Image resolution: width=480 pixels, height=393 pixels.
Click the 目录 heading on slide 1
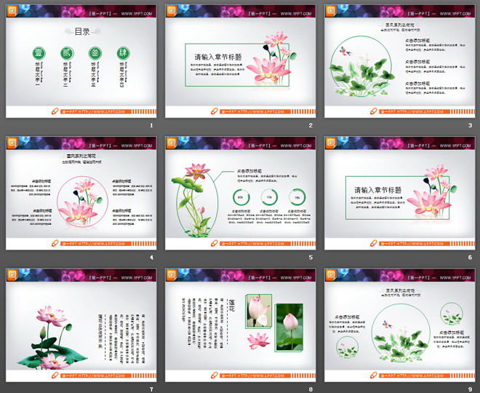coord(83,31)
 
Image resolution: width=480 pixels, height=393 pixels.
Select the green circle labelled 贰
coord(66,53)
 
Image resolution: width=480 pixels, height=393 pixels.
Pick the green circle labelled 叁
coord(95,53)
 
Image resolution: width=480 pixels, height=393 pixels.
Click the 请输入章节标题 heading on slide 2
coord(217,57)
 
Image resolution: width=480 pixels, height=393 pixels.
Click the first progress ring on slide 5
coord(241,198)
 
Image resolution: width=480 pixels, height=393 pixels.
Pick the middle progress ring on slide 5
coord(268,198)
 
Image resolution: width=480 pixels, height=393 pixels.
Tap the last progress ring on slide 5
coord(297,198)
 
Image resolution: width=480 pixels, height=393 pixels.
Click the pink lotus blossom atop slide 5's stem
coord(196,172)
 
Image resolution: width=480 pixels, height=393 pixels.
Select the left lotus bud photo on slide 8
coord(257,311)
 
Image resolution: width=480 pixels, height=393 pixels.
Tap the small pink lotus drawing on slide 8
coord(258,340)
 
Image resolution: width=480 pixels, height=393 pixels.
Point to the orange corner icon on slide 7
coord(12,274)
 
